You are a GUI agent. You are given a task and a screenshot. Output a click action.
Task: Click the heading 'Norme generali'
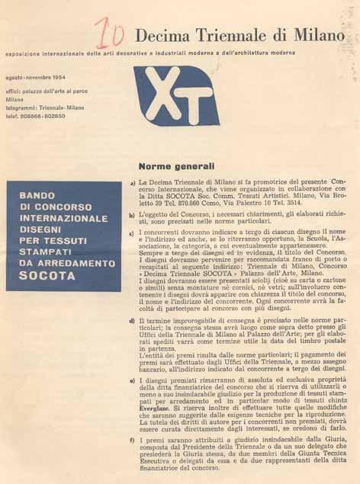[176, 165]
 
